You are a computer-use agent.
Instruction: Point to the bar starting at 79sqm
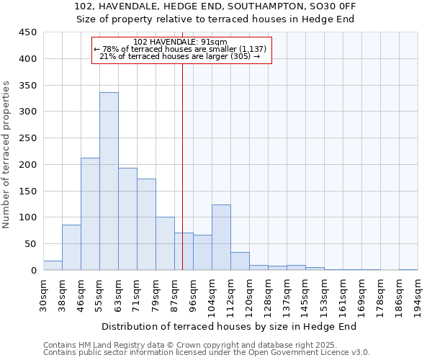pyautogui.click(x=165, y=243)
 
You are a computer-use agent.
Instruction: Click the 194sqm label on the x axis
pyautogui.click(x=418, y=296)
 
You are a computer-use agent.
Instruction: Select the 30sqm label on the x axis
pyautogui.click(x=43, y=296)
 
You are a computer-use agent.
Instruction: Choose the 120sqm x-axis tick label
pyautogui.click(x=249, y=296)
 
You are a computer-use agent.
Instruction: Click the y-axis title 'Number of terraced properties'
pyautogui.click(x=6, y=155)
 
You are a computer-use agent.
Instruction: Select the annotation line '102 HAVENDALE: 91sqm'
pyautogui.click(x=181, y=42)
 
